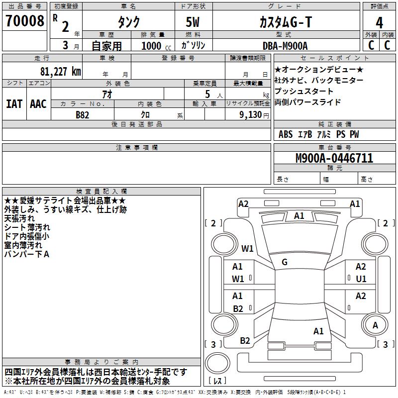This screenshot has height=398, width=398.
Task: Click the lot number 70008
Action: (x=24, y=22)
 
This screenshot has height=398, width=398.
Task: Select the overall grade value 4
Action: (x=379, y=23)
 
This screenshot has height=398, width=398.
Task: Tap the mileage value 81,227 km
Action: (x=61, y=71)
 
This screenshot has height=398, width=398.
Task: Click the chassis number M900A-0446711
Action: (x=334, y=159)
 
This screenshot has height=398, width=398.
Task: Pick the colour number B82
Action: (x=82, y=114)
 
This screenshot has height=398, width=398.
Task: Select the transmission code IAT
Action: (x=14, y=104)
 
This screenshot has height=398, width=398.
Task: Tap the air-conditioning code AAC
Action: (x=38, y=104)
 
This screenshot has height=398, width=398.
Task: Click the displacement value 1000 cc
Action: (x=154, y=46)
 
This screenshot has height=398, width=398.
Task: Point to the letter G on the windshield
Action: (x=285, y=262)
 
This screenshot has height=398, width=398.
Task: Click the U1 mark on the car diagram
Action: (x=361, y=279)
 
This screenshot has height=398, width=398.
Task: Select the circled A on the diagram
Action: (x=376, y=325)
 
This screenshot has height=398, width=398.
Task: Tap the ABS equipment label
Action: (x=286, y=134)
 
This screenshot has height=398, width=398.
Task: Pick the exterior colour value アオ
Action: (x=107, y=94)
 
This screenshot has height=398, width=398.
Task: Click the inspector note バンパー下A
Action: (x=27, y=254)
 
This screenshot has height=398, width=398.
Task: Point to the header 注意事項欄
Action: (x=136, y=148)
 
